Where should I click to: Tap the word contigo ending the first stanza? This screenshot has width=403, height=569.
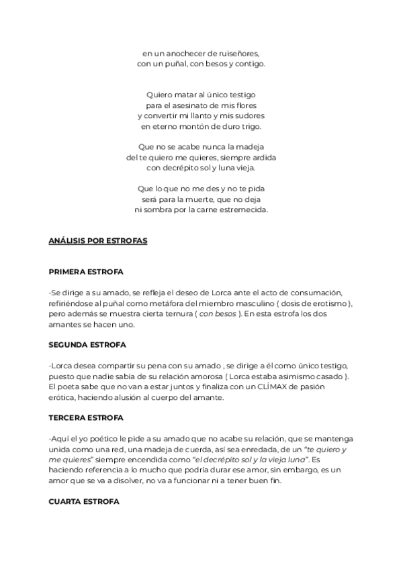[x=249, y=64]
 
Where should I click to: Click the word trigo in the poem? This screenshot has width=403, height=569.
[x=249, y=126]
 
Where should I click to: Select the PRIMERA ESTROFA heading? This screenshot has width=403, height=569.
[x=85, y=272]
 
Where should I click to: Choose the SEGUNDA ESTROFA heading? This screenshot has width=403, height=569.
[x=87, y=345]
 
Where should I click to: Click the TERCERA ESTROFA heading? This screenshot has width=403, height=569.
[x=86, y=417]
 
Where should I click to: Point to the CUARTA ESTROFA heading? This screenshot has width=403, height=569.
[x=84, y=501]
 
